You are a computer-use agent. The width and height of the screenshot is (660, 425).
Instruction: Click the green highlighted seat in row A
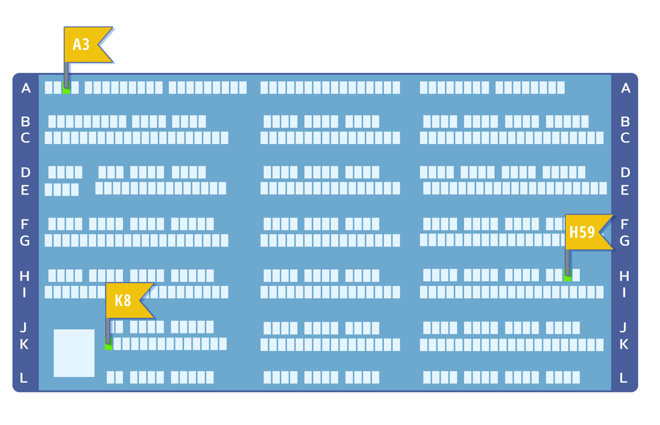click(66, 88)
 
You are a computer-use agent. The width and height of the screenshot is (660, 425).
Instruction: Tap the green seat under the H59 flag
click(567, 275)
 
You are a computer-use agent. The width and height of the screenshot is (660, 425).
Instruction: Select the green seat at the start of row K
click(108, 344)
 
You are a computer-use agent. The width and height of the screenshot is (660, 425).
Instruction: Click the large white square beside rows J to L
click(74, 353)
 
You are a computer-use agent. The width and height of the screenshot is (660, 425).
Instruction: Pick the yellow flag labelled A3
click(88, 44)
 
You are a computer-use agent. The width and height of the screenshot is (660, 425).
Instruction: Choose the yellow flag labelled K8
click(129, 300)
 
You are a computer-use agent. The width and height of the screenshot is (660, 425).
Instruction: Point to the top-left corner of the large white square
click(54, 329)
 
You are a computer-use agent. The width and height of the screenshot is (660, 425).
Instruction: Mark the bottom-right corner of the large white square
click(95, 377)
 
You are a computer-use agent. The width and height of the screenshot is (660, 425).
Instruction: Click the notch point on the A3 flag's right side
click(98, 44)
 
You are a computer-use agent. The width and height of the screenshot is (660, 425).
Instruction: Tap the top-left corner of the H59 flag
click(565, 214)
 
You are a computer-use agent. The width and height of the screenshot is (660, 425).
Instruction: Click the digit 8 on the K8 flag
click(127, 301)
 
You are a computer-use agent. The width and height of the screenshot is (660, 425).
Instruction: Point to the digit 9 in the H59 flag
click(590, 232)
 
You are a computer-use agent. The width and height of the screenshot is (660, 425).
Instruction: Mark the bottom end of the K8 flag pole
click(108, 343)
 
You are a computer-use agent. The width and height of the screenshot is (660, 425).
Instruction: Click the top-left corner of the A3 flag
click(64, 27)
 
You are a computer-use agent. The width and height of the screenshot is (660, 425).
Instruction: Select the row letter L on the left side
click(23, 378)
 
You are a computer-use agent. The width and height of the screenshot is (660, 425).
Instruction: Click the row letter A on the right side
click(626, 88)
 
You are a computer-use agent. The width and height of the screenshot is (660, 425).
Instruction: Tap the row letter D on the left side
click(25, 172)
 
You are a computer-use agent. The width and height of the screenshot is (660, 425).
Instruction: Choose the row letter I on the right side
click(624, 292)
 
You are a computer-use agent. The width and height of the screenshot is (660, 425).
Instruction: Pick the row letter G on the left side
click(25, 241)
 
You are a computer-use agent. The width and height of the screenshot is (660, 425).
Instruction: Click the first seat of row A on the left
click(48, 88)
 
